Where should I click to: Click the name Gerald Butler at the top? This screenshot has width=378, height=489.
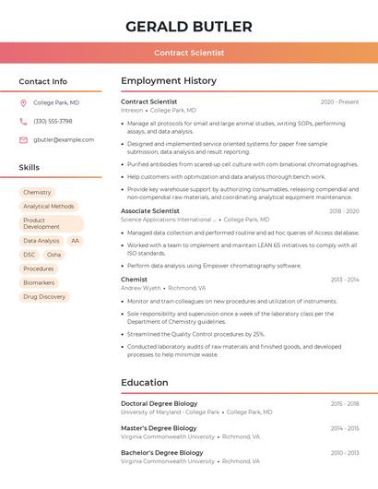pyautogui.click(x=188, y=26)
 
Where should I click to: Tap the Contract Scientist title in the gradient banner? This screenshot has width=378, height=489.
pyautogui.click(x=189, y=53)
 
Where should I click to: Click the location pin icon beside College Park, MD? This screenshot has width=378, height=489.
pyautogui.click(x=23, y=102)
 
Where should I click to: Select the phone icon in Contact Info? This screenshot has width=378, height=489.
pyautogui.click(x=23, y=121)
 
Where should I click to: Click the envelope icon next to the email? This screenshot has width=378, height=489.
pyautogui.click(x=23, y=139)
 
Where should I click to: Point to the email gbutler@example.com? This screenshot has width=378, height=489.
pyautogui.click(x=64, y=139)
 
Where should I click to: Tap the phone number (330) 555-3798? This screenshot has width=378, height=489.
pyautogui.click(x=53, y=121)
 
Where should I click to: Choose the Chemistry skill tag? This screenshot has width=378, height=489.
pyautogui.click(x=37, y=192)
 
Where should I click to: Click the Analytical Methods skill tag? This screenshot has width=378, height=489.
pyautogui.click(x=48, y=206)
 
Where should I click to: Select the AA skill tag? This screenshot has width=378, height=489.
pyautogui.click(x=75, y=241)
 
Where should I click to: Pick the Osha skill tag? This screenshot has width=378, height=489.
pyautogui.click(x=53, y=255)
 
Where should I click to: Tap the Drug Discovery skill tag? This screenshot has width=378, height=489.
pyautogui.click(x=44, y=296)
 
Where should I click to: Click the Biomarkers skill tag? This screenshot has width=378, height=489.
pyautogui.click(x=39, y=282)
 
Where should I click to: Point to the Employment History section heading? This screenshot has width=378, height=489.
pyautogui.click(x=168, y=81)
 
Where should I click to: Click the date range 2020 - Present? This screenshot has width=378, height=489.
pyautogui.click(x=339, y=101)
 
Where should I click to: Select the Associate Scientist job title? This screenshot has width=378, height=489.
pyautogui.click(x=149, y=211)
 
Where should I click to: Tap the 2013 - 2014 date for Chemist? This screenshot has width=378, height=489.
pyautogui.click(x=345, y=279)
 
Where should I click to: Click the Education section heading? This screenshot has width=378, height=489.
pyautogui.click(x=144, y=382)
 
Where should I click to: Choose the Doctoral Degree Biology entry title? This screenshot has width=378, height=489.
pyautogui.click(x=159, y=403)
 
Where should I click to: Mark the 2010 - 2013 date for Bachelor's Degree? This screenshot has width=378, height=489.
pyautogui.click(x=345, y=453)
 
